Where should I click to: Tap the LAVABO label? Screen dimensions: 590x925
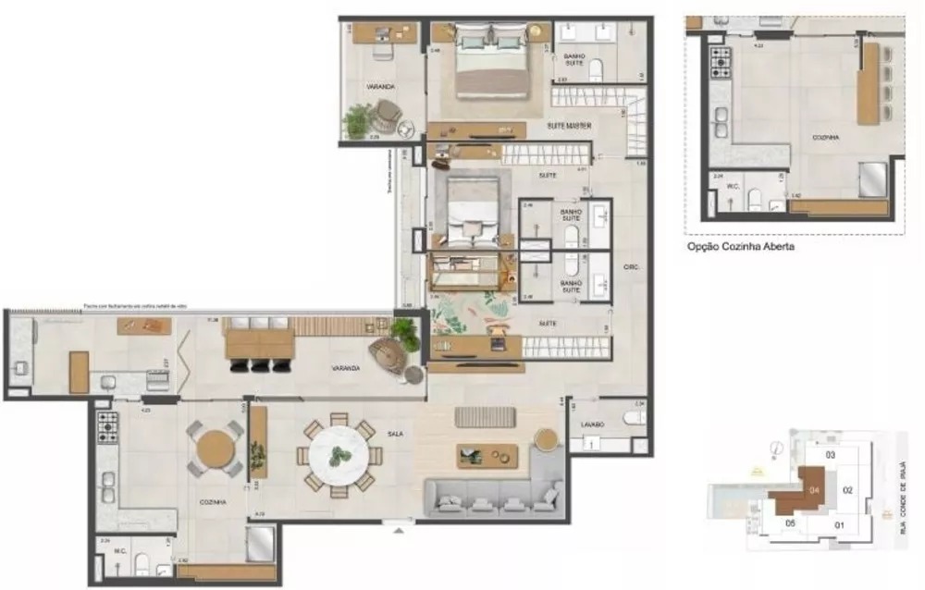pyautogui.click(x=593, y=424)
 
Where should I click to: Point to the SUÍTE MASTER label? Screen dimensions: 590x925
pyautogui.click(x=570, y=125)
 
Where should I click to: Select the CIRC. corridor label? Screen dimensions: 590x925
pyautogui.click(x=633, y=266)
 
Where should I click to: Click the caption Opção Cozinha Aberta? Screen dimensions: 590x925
pyautogui.click(x=740, y=247)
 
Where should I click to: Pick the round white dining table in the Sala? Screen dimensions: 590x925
pyautogui.click(x=339, y=455)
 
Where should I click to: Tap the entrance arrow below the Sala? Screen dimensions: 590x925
pyautogui.click(x=399, y=531)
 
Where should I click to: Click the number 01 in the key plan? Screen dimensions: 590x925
pyautogui.click(x=840, y=526)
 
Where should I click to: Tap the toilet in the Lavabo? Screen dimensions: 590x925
pyautogui.click(x=634, y=418)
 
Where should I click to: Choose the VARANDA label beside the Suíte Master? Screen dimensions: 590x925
pyautogui.click(x=380, y=87)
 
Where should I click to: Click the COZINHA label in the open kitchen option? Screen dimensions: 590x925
pyautogui.click(x=825, y=137)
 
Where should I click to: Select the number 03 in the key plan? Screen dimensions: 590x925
pyautogui.click(x=830, y=455)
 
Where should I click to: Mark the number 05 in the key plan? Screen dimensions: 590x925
pyautogui.click(x=790, y=523)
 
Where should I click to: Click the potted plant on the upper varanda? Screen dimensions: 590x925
pyautogui.click(x=357, y=120)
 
